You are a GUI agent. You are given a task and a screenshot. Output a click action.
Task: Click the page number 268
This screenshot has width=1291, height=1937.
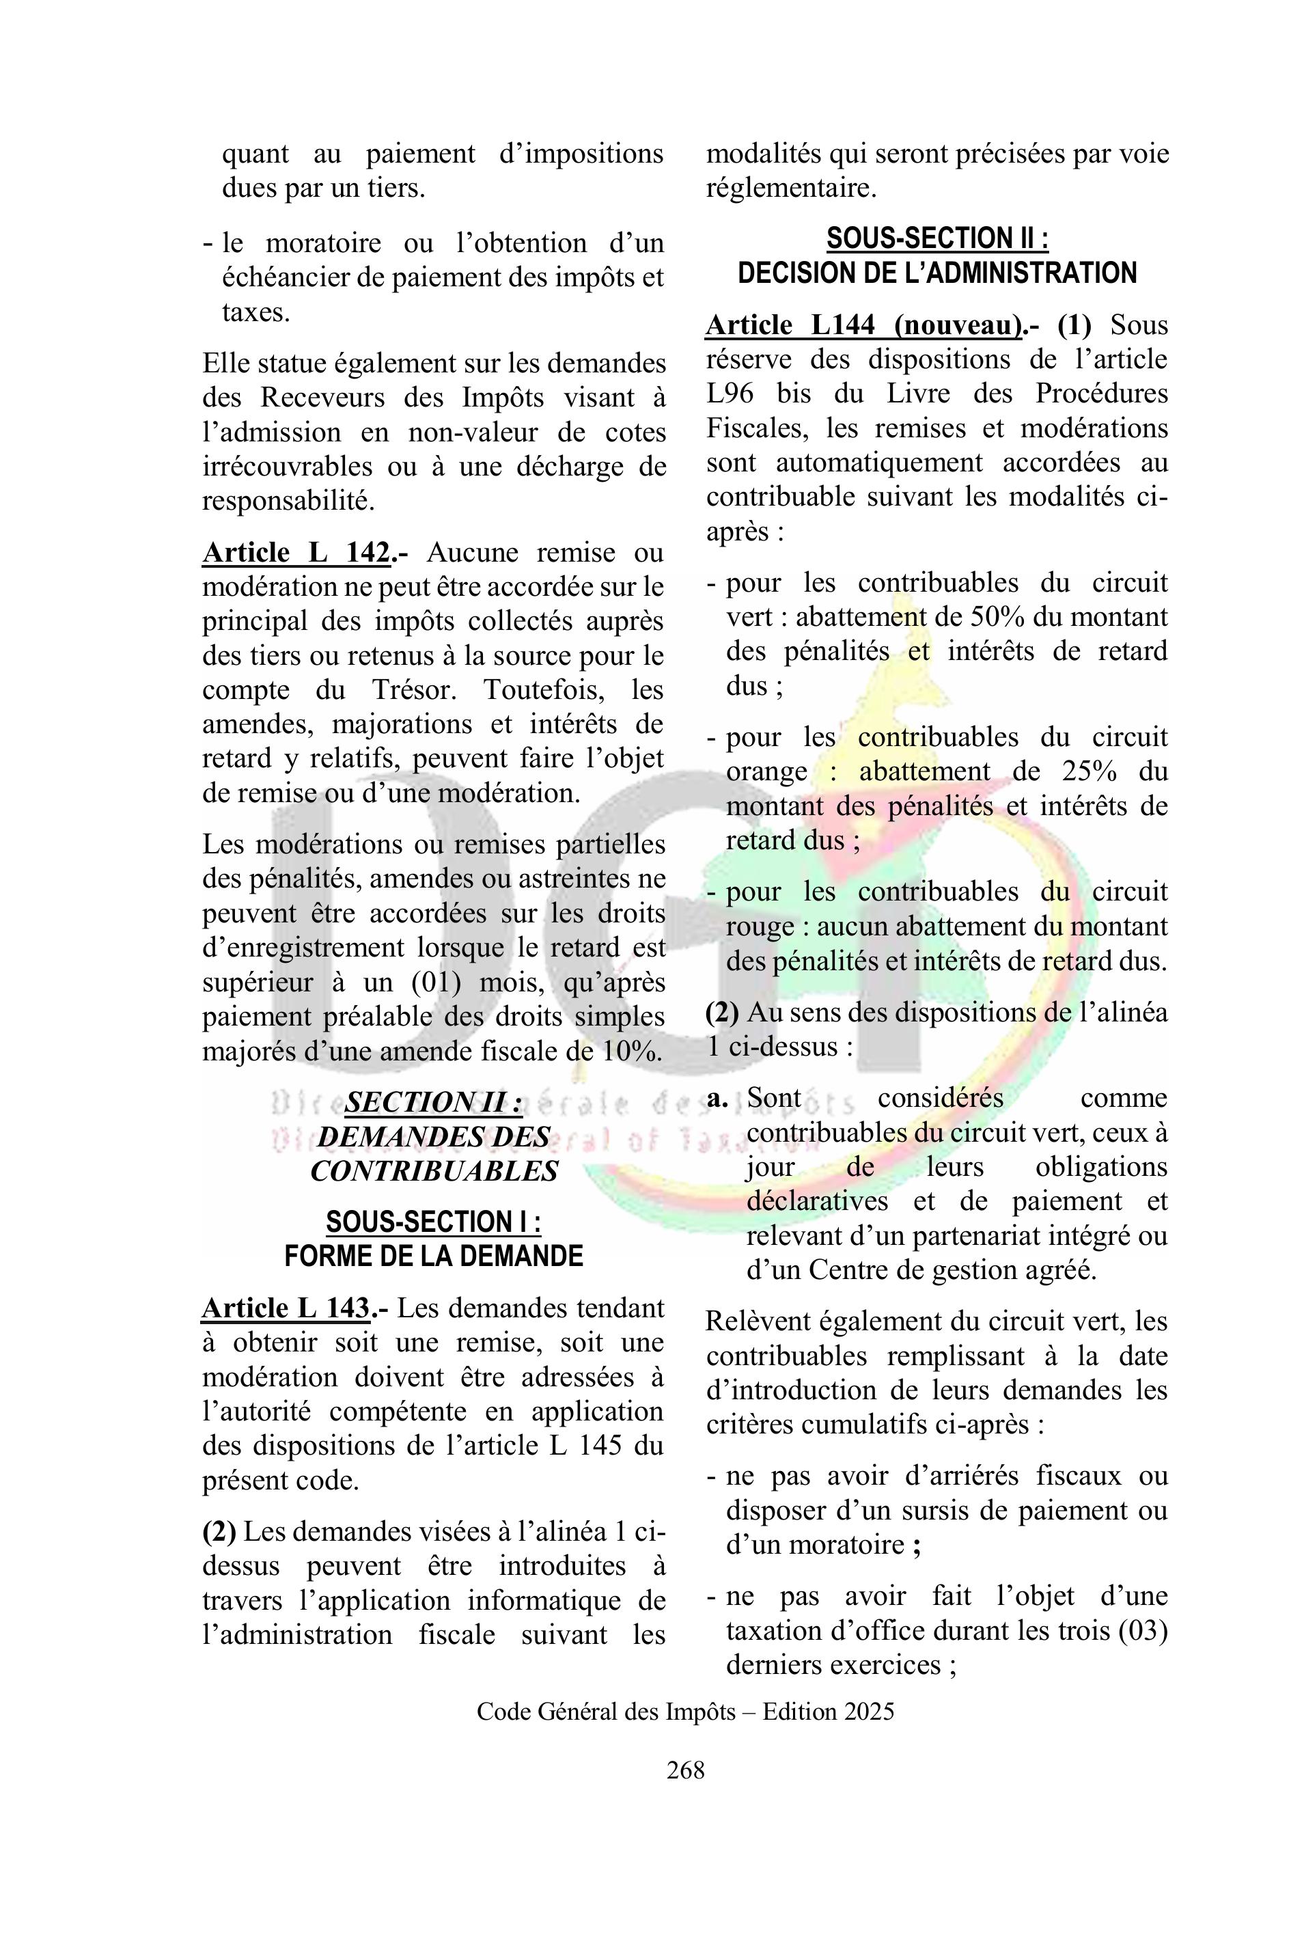click(x=685, y=1769)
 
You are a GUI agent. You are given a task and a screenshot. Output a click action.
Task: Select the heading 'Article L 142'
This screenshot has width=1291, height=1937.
click(x=296, y=552)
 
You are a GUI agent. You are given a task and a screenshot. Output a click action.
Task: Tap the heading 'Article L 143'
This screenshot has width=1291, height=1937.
click(x=285, y=1308)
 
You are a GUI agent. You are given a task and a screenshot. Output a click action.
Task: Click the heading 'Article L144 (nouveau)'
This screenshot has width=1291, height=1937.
click(x=863, y=325)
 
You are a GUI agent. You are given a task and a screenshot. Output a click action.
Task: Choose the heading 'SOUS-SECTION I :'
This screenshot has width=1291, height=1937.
click(x=433, y=1222)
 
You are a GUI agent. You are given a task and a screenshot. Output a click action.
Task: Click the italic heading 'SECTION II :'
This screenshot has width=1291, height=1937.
click(x=433, y=1101)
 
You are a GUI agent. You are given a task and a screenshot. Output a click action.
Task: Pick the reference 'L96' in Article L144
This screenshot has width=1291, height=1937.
click(x=730, y=394)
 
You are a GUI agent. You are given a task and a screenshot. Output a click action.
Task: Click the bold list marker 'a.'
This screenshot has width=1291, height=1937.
click(x=717, y=1099)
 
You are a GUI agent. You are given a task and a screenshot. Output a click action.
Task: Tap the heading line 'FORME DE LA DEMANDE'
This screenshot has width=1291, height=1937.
click(x=433, y=1256)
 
